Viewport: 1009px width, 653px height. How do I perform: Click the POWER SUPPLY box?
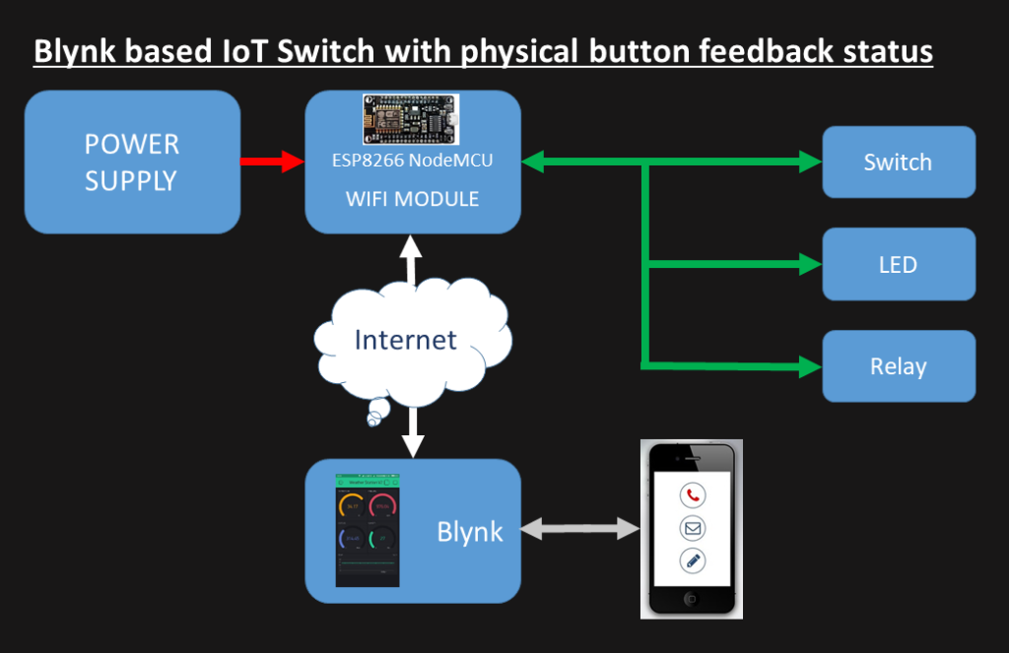132,163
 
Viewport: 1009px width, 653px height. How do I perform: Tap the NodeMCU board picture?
412,120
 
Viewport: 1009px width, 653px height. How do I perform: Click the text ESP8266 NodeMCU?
412,162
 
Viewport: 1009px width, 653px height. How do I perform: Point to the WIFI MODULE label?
412,199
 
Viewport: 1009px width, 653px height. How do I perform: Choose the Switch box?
898,163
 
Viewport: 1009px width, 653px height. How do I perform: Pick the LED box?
898,264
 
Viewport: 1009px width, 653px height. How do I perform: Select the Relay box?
898,366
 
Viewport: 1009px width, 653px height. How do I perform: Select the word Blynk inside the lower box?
470,532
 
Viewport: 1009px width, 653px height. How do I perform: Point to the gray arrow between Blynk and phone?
580,530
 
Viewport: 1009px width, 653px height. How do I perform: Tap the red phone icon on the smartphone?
693,495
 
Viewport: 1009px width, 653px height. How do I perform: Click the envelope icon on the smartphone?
693,529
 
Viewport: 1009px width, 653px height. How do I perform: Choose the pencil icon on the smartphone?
693,561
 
